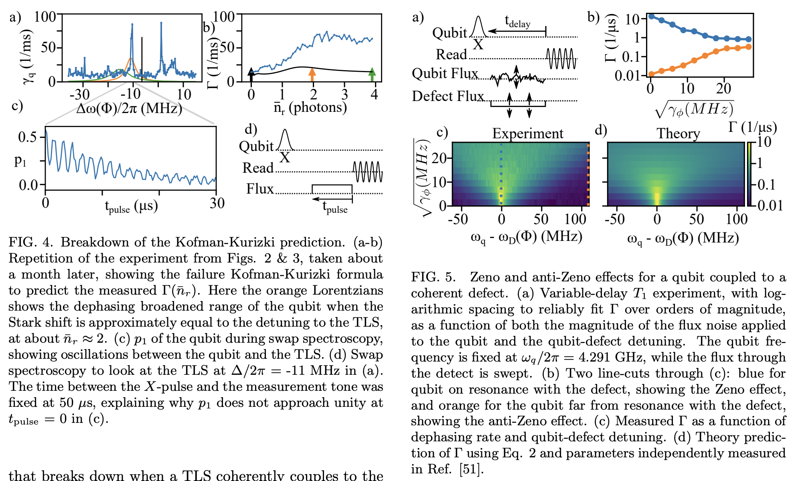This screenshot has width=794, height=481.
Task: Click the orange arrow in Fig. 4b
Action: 312,75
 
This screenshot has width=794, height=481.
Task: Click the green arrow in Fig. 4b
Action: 372,75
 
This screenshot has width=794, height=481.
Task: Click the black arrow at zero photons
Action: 251,75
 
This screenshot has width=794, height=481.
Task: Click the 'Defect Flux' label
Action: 448,97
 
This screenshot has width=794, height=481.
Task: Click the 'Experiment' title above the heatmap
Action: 528,133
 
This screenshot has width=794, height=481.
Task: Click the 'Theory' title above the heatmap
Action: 678,133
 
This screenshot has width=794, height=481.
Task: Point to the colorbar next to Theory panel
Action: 749,174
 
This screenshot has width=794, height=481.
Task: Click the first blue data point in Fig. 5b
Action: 651,16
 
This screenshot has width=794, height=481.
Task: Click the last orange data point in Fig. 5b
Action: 748,47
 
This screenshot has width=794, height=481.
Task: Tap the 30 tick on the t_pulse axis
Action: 217,203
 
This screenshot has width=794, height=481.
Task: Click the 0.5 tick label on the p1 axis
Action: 27,137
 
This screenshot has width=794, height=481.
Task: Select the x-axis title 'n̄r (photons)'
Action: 310,107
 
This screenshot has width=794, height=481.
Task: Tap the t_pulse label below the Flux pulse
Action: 335,207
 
